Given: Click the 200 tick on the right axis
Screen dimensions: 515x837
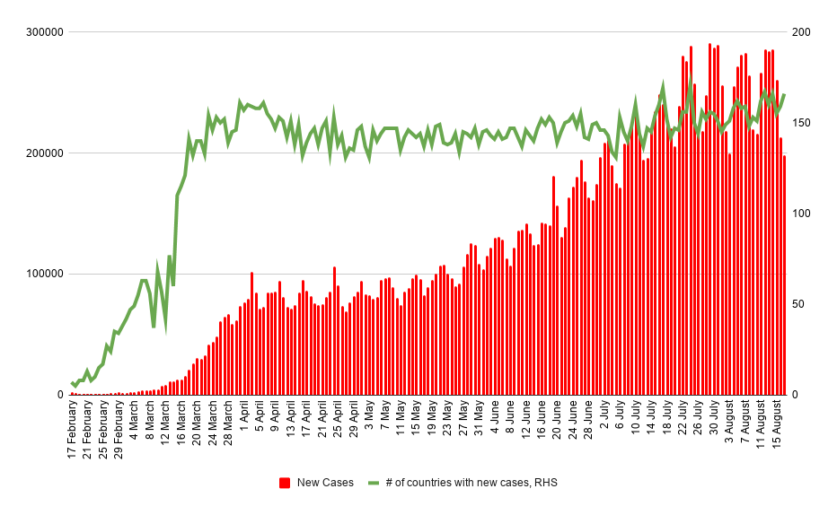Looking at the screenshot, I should [x=801, y=32].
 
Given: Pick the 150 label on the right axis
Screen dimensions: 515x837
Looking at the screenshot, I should [x=801, y=123].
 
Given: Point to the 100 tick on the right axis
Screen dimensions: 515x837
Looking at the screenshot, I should [x=801, y=214].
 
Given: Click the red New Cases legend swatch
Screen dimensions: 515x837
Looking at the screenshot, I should [x=285, y=483].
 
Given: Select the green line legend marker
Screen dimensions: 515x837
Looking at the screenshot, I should [x=374, y=483].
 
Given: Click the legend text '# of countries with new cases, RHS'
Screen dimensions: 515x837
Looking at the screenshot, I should [x=471, y=483].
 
